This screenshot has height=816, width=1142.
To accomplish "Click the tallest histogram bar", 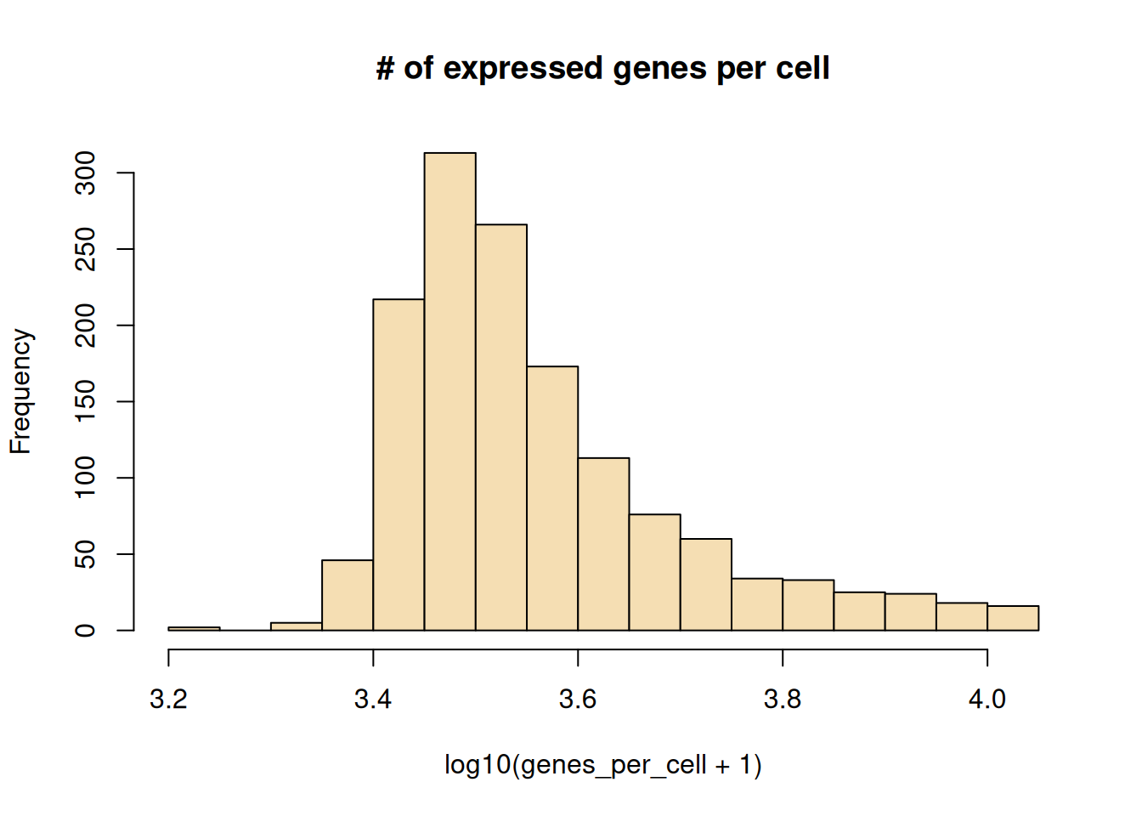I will coord(449,391).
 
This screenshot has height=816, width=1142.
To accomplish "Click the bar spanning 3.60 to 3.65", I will coord(603,544).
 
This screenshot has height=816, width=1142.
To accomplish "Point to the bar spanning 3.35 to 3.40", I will coord(348,595).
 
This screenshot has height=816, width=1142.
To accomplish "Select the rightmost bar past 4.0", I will coord(1013,618).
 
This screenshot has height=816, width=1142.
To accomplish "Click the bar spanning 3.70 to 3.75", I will coord(706,584).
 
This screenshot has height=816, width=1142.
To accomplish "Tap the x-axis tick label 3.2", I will coord(168,700).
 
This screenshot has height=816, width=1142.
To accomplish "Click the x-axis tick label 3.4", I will coord(373,700).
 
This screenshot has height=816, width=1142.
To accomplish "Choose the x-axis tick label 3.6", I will coord(578,700).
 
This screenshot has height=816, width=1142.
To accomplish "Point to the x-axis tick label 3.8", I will coord(783,700).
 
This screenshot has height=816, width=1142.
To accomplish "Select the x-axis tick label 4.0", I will coord(987,700).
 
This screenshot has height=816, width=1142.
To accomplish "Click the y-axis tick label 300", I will coord(86,173).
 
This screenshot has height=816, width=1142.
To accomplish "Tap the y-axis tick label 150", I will coord(86,401).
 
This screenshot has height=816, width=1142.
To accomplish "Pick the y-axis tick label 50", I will coord(86,554).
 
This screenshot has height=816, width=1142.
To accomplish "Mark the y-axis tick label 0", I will coord(86,630).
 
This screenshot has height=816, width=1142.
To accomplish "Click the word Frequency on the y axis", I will coord(20,391).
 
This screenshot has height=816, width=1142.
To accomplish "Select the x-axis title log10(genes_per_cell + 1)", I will coord(603,765).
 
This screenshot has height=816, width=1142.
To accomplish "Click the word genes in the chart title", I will coord(659,69).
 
